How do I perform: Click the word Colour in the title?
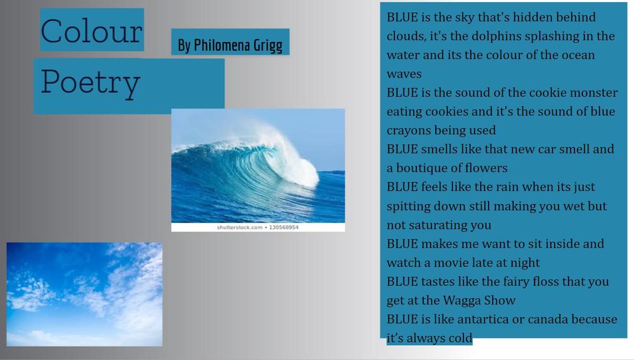pos(91,31)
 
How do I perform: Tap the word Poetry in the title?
pos(90,84)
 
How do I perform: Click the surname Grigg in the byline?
pos(268,46)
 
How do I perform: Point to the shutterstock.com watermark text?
pos(239,227)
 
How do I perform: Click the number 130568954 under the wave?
pos(284,227)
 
